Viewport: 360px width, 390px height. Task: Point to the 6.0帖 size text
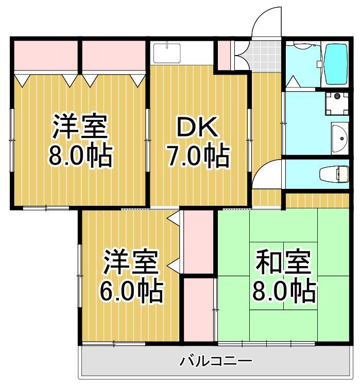[x=131, y=292]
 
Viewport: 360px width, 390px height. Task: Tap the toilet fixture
[x=334, y=174]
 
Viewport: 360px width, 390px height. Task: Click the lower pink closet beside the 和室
[x=199, y=308]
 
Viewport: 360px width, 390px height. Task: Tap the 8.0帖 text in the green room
[x=284, y=292]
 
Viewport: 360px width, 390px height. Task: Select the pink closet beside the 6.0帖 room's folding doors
[x=198, y=241]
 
